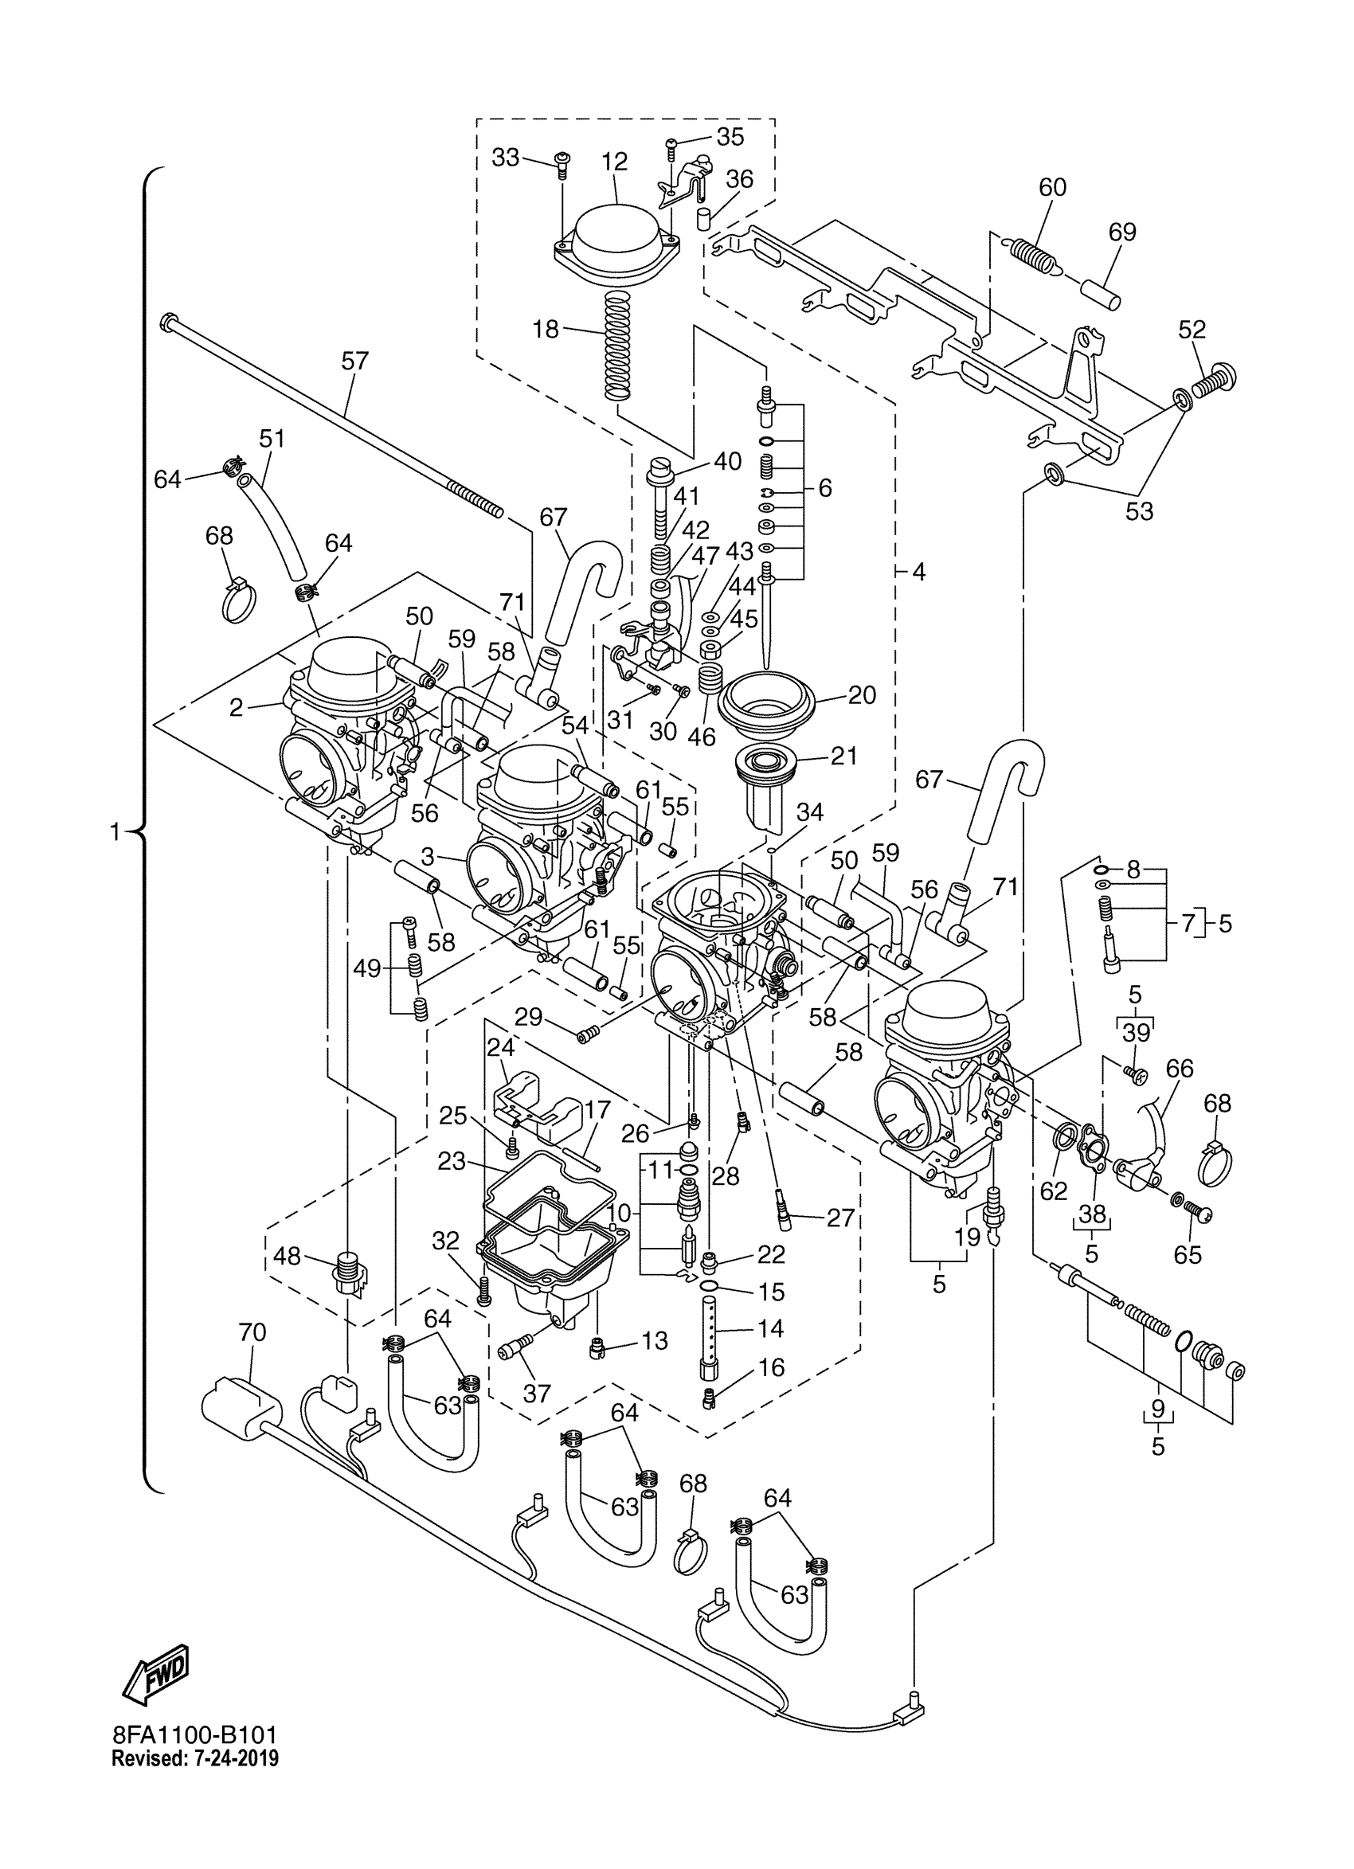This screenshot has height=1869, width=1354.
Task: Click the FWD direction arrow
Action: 157,1674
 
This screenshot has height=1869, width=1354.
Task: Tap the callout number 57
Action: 355,361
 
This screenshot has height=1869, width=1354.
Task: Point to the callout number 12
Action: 614,162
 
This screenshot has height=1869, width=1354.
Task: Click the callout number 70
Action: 252,1331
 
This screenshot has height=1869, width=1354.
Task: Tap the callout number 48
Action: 287,1256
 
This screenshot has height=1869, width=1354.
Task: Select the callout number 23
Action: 452,1162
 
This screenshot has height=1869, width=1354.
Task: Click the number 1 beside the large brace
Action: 116,832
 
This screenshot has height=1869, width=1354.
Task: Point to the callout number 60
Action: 1052,187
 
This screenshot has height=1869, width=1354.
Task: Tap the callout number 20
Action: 861,694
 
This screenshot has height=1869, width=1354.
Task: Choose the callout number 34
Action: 809,811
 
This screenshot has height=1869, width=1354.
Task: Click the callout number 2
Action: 237,707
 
